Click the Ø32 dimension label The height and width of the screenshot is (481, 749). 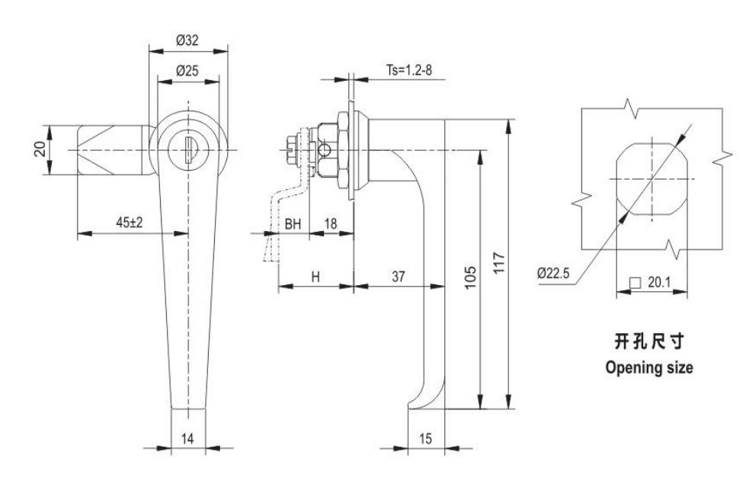tap(187, 40)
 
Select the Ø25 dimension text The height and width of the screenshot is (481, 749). tap(187, 71)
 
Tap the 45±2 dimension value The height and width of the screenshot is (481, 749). tap(130, 222)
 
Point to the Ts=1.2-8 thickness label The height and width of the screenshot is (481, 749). tap(409, 70)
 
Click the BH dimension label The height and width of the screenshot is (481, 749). tap(293, 223)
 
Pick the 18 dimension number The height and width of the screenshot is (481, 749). tap(331, 223)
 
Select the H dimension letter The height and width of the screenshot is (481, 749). tap(315, 277)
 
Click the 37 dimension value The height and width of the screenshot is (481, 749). tap(399, 277)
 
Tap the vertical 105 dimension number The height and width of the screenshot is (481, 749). tap(471, 277)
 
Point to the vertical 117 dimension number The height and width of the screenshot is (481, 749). tap(498, 262)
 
